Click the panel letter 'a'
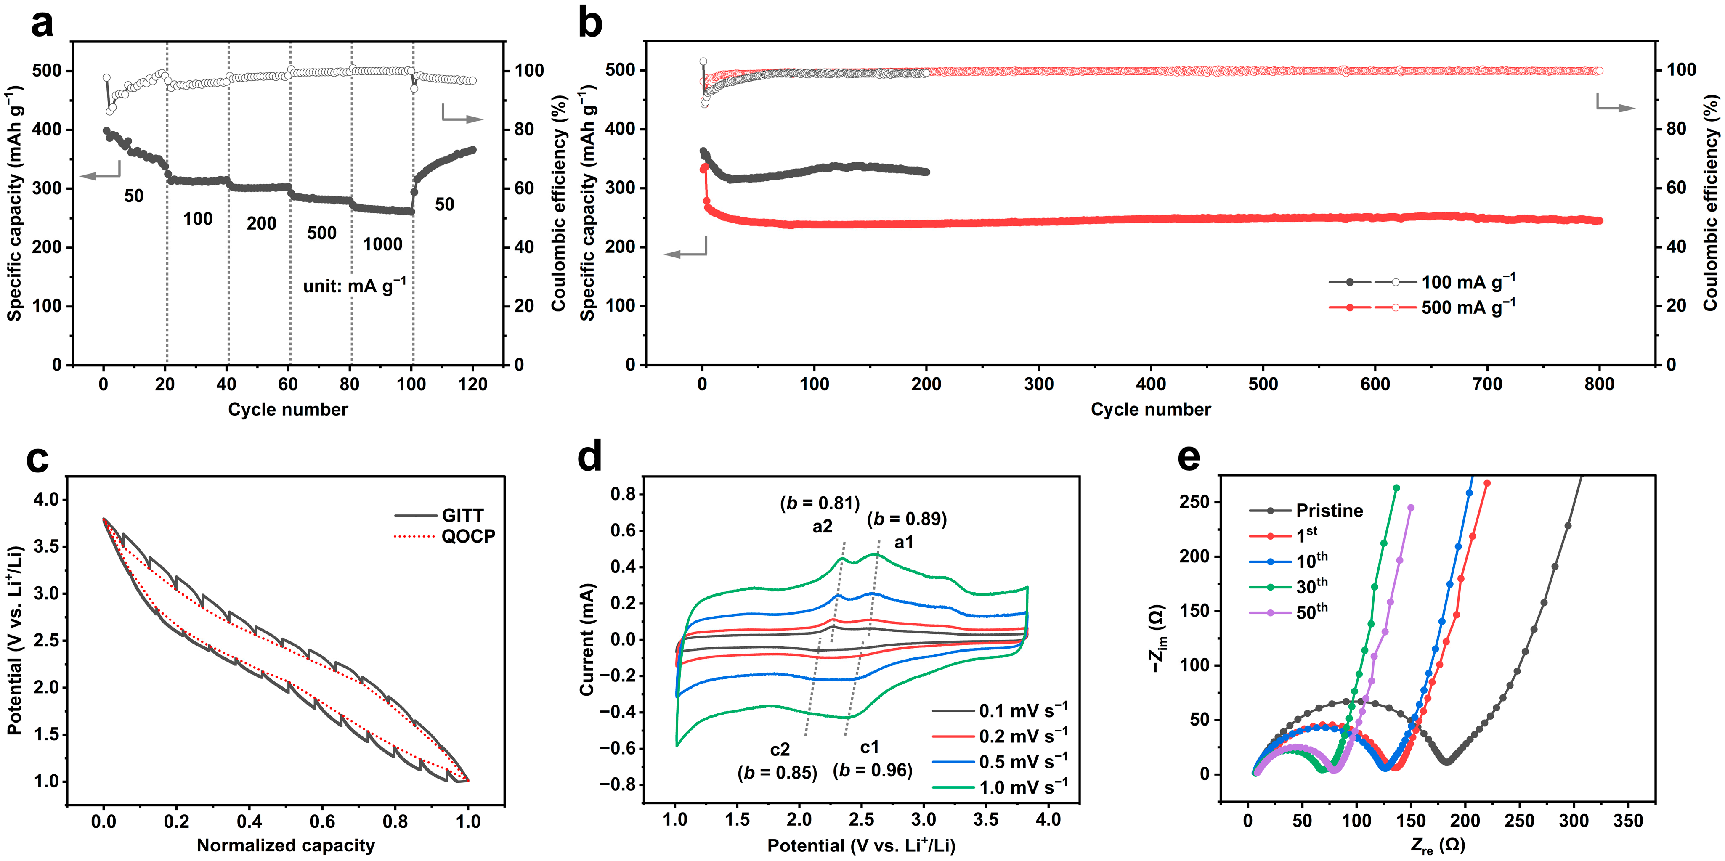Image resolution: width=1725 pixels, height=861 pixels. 42,25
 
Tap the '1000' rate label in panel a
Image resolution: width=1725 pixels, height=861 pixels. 382,244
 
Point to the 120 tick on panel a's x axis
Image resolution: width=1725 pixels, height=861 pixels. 473,384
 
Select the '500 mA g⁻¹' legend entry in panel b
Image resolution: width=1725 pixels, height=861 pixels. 1422,307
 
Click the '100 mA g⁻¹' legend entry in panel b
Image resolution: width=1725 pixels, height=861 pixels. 1422,282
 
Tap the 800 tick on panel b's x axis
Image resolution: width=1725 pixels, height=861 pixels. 1599,384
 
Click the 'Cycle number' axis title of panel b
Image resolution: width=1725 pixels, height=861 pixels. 1150,410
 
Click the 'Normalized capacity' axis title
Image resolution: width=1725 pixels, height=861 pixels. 286,845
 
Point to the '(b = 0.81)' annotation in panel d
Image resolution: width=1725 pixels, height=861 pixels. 820,503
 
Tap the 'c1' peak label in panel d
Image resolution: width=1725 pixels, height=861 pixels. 869,747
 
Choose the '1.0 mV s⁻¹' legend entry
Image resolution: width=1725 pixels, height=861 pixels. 1000,787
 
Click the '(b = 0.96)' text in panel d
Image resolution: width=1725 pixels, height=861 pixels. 873,771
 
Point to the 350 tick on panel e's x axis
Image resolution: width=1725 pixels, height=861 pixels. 1628,821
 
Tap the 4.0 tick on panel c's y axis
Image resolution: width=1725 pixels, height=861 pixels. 46,500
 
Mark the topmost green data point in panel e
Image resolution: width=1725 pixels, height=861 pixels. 1396,488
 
